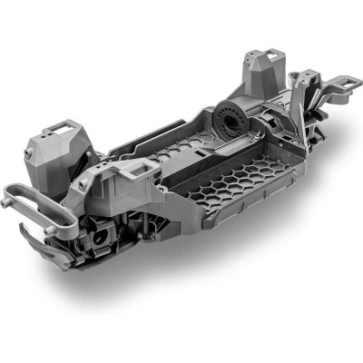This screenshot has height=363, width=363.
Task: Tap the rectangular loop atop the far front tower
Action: (56, 128)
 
